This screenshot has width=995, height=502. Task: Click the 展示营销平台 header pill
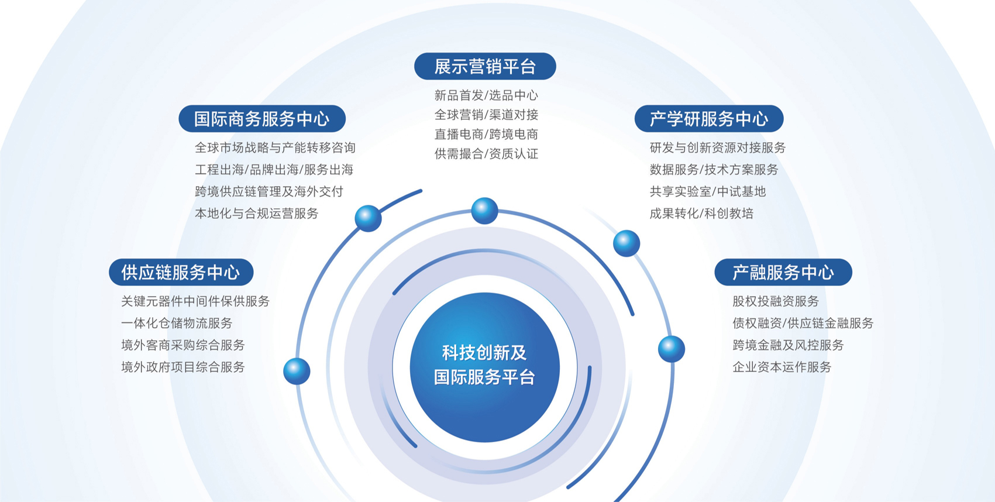click(x=485, y=67)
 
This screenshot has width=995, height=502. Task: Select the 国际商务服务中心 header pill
click(x=262, y=119)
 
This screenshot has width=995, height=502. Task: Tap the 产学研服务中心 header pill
click(x=709, y=119)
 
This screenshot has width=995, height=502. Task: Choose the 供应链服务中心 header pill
click(x=181, y=272)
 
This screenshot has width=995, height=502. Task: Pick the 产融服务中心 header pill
click(x=783, y=272)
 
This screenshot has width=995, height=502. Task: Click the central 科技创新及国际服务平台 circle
click(x=484, y=367)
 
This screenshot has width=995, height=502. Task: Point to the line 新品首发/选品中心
click(x=486, y=95)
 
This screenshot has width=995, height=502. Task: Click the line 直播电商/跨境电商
click(x=486, y=134)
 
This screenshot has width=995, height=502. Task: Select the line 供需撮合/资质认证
click(x=486, y=154)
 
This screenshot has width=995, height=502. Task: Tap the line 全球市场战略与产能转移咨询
click(x=275, y=147)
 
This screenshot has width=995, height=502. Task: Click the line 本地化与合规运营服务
click(x=256, y=214)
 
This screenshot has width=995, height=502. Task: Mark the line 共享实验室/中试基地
click(x=708, y=191)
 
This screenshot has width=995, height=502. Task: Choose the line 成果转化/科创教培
click(x=701, y=214)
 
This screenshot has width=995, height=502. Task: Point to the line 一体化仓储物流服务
click(x=177, y=323)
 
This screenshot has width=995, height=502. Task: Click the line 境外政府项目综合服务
click(x=183, y=367)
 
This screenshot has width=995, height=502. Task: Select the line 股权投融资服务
click(x=776, y=301)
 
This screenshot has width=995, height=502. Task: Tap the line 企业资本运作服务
click(x=781, y=367)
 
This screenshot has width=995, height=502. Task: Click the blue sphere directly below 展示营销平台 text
click(x=484, y=211)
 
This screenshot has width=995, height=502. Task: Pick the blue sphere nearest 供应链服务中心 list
click(x=297, y=371)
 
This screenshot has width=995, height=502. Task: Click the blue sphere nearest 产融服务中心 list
click(x=671, y=349)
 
